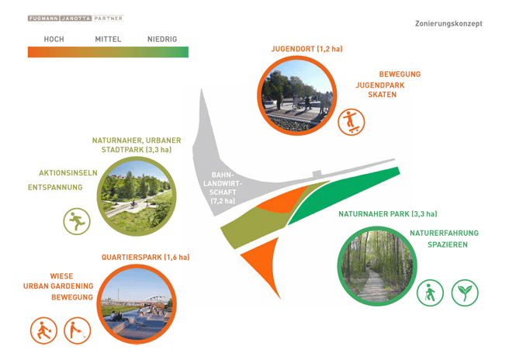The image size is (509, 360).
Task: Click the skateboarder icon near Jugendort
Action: [351, 122]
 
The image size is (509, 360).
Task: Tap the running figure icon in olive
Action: [77, 221]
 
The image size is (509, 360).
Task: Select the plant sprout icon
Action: [465, 292]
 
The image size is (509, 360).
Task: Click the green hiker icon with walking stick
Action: [430, 292]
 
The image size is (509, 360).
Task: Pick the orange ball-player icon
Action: [43, 331]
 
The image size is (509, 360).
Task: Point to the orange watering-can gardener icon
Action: [78, 331]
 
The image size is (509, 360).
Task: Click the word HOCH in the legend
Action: [54, 40]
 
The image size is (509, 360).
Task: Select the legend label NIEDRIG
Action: [162, 40]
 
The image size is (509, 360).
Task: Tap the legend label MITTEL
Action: [108, 40]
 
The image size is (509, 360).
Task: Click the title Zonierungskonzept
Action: [448, 24]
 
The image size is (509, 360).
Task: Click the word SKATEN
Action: [382, 95]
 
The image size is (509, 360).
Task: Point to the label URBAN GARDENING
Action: [58, 286]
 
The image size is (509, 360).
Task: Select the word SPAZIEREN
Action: [448, 244]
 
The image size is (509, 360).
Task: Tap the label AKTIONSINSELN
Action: [68, 173]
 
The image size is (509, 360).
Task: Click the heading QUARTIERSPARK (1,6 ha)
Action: [146, 258]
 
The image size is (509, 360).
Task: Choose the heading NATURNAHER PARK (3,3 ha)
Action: [388, 214]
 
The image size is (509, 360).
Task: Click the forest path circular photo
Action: [377, 266]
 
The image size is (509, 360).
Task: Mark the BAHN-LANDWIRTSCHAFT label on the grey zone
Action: [223, 188]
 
